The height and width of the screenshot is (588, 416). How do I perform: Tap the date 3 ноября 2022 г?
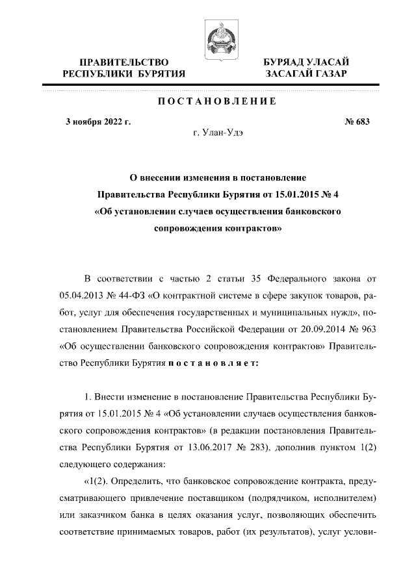[x=98, y=121]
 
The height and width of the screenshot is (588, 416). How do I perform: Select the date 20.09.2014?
[x=314, y=331]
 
